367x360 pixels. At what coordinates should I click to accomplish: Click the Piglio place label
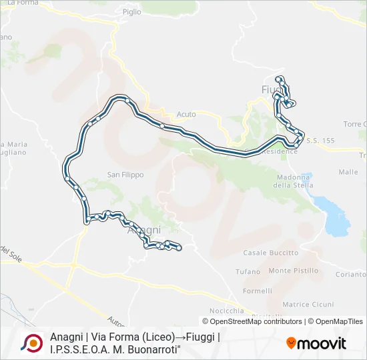pos(132,11)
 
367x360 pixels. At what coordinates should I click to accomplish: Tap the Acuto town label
pos(187,114)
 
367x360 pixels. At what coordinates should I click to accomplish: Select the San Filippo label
pos(125,175)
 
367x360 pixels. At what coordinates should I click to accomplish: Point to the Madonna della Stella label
pos(294,181)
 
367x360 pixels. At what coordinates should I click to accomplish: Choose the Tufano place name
pos(249,272)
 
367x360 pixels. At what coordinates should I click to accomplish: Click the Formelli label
pos(258,291)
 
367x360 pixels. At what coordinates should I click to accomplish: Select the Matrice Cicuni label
pos(308,304)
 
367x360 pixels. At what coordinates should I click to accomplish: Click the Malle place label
pos(348,171)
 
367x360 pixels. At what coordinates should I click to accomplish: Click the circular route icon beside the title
pos(31,343)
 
